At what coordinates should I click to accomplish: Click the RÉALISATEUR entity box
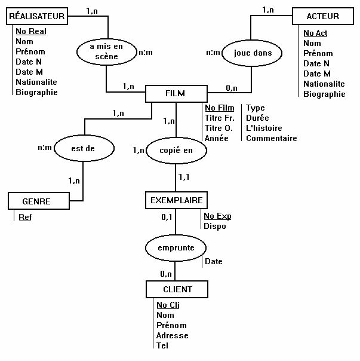point(36,16)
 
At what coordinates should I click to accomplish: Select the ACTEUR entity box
point(322,16)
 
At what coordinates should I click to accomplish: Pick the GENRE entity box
point(37,201)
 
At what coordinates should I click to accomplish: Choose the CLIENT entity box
point(177,290)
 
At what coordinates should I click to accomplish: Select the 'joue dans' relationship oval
point(250,53)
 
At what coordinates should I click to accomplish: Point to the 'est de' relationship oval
point(83,146)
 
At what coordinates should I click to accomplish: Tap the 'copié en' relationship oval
point(176,151)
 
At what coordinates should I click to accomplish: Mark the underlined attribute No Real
point(31,31)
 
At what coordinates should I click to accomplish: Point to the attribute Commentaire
point(271,139)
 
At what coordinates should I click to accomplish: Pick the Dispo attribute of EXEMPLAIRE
point(215,227)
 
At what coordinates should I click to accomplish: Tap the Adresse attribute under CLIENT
point(172,335)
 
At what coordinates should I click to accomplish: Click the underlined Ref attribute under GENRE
point(25,217)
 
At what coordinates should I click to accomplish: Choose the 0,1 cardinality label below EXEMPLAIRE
point(167,216)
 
